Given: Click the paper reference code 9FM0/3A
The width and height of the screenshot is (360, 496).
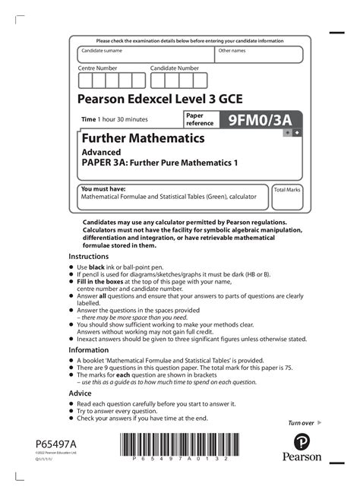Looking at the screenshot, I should pos(260,119).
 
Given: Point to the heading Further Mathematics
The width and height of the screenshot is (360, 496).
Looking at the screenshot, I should pos(142,138).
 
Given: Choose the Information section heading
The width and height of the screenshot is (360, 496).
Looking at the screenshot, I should pos(89,350).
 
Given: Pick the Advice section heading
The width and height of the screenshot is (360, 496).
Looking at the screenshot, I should pos(81,393).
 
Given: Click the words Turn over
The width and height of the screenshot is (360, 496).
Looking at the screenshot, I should pos(301,422).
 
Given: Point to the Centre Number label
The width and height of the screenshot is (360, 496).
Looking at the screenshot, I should pos(98,68).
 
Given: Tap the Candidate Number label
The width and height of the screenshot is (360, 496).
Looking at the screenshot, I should pos(174,68).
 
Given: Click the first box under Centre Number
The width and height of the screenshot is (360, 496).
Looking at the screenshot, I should pos(85,81).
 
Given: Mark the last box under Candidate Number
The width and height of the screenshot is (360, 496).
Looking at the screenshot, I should pos(201,81).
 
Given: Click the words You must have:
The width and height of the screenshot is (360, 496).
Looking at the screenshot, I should pos(103,188).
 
